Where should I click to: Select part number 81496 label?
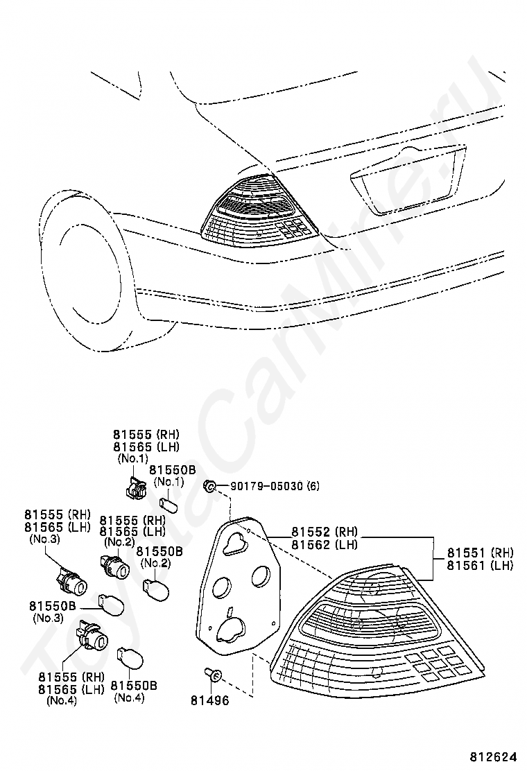(x=209, y=700)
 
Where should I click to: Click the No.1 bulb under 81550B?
(x=170, y=502)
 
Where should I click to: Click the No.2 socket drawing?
(x=114, y=569)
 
